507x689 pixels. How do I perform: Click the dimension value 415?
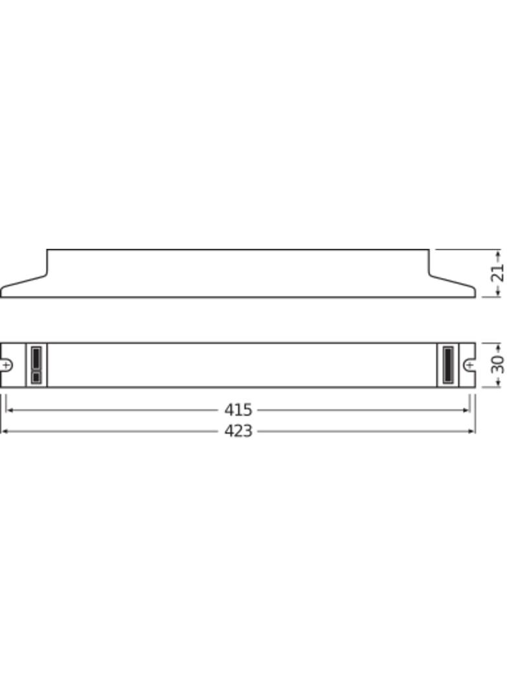238,410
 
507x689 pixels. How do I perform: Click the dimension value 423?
238,430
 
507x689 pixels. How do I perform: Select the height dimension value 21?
497,273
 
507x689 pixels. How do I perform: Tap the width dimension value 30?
498,365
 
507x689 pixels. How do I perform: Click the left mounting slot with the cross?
6,365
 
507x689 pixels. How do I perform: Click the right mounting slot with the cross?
469,365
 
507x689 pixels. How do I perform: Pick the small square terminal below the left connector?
36,377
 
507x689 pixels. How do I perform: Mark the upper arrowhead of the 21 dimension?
497,252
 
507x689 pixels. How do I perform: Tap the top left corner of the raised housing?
47,249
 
